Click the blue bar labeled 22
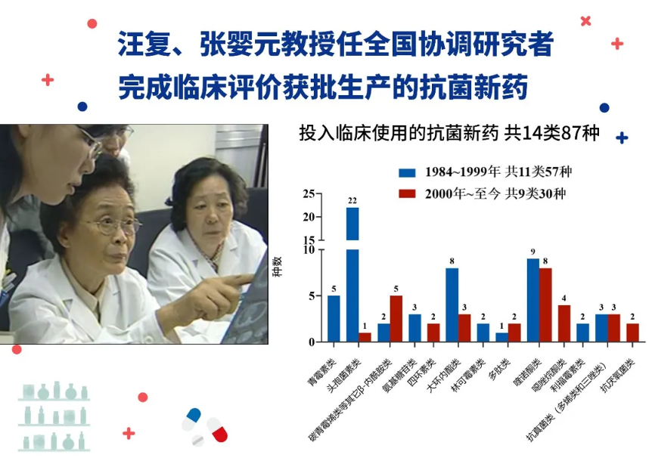click(x=352, y=274)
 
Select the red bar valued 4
click(x=564, y=323)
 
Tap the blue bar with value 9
click(x=533, y=300)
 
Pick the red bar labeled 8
click(x=545, y=305)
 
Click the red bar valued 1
click(x=365, y=337)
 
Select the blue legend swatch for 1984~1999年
click(x=407, y=172)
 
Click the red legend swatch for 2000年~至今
click(x=407, y=193)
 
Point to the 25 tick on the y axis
click(x=309, y=193)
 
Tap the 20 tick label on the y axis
click(x=309, y=217)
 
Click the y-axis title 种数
click(x=278, y=267)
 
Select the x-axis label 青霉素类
click(x=322, y=373)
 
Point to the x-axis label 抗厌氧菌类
click(x=618, y=375)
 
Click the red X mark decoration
click(x=585, y=21)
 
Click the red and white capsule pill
click(x=217, y=429)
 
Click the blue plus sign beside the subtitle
click(x=622, y=138)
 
